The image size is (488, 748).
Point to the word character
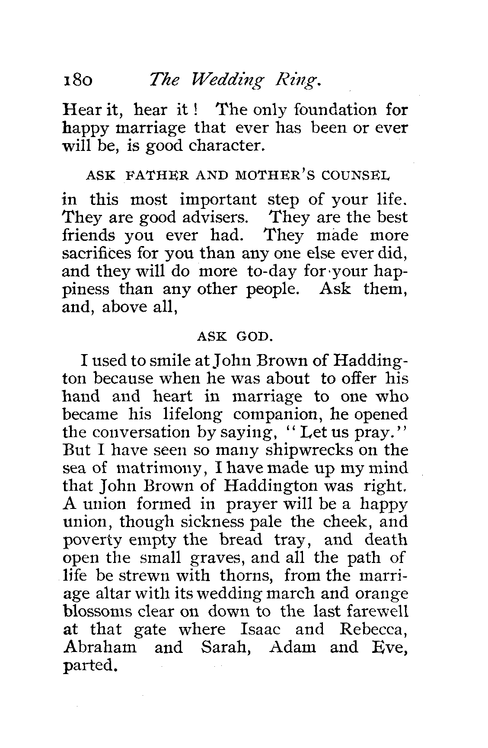coord(226,146)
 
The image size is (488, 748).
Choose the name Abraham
coord(100,648)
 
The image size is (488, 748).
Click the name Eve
coord(392,648)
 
